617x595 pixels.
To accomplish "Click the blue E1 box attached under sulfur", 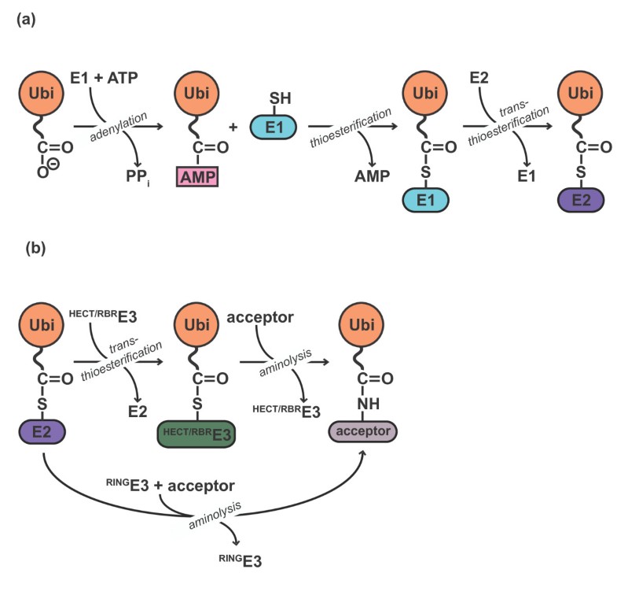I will click(424, 200).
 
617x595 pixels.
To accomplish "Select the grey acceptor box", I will click(362, 431).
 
